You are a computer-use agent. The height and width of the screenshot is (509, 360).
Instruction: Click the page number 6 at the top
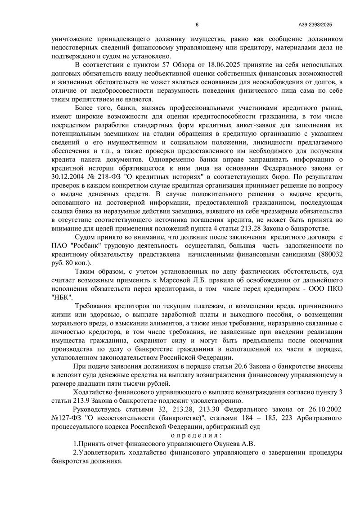pyautogui.click(x=197, y=25)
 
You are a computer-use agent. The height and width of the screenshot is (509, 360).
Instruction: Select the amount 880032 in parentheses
pyautogui.click(x=331, y=254)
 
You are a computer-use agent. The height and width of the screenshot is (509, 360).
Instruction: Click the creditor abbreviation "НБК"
pyautogui.click(x=62, y=297)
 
